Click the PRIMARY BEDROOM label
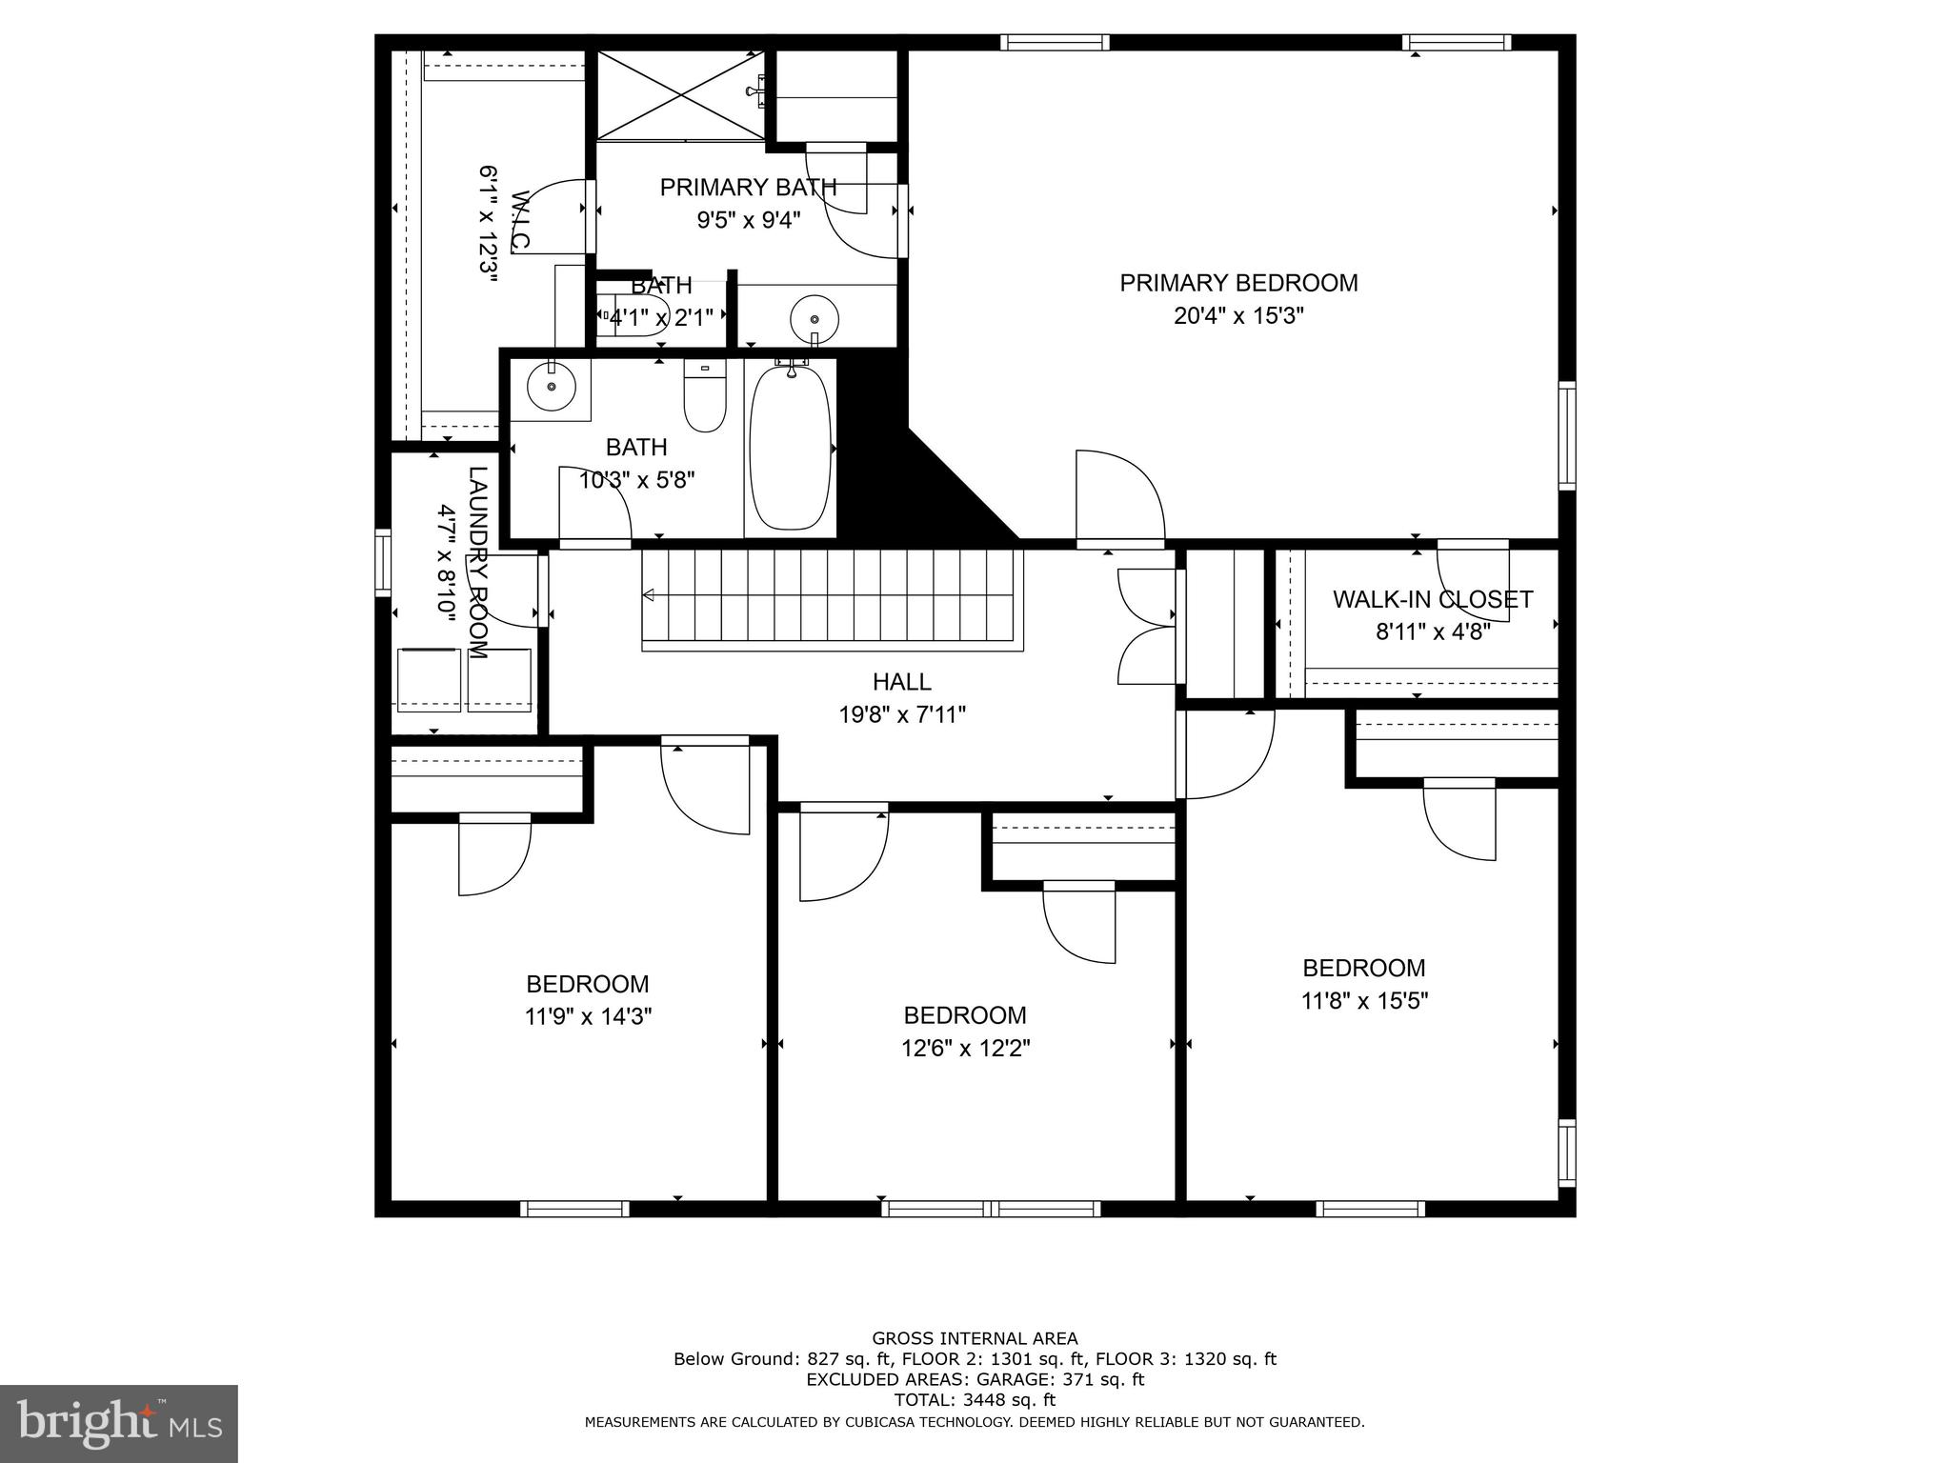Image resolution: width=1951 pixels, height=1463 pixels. tap(1238, 283)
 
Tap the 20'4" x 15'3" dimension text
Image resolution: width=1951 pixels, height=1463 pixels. tap(1238, 316)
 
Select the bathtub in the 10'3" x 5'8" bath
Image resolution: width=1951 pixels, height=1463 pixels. tap(790, 449)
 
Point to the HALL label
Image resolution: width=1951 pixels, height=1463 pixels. tap(901, 682)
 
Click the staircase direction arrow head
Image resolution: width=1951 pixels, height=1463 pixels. tap(649, 595)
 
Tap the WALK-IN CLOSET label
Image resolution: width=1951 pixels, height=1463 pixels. tap(1432, 599)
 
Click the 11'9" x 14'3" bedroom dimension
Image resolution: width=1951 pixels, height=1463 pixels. tap(588, 1017)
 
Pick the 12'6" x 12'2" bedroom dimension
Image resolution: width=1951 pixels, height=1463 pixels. tap(965, 1049)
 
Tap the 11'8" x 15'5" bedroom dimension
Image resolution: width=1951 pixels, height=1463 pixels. tap(1364, 1001)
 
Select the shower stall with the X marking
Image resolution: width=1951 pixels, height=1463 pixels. tap(680, 94)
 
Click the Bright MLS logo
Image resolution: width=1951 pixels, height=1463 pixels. tap(118, 1422)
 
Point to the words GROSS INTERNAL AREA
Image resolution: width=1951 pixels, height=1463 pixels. tap(975, 1338)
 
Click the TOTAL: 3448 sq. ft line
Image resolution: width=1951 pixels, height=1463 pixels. tap(975, 1400)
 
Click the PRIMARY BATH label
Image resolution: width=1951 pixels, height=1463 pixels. tap(748, 188)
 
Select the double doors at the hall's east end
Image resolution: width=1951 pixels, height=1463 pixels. tap(1148, 626)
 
